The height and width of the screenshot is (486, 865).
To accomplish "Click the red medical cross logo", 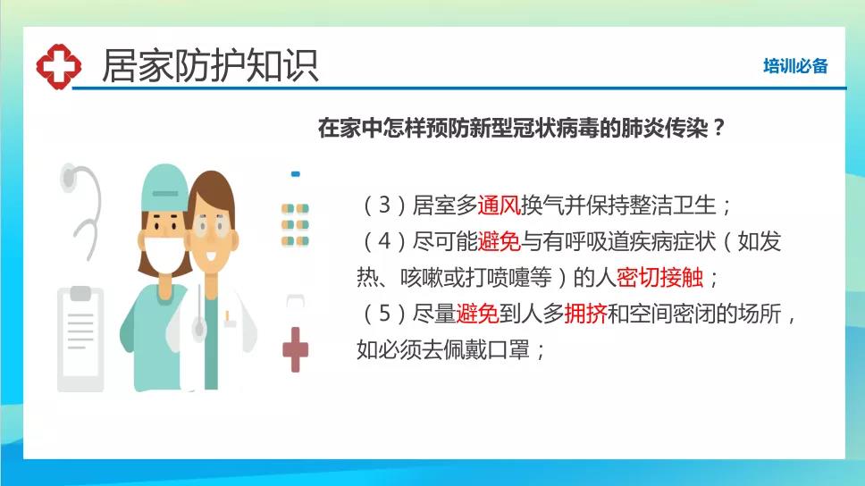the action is [x=58, y=66].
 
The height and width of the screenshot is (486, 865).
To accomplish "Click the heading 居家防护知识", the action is [x=210, y=65].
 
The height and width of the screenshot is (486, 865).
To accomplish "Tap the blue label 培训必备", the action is [x=795, y=66].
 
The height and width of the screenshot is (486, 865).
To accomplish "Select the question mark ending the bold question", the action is [x=718, y=128].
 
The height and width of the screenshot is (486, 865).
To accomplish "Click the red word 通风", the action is [x=499, y=205].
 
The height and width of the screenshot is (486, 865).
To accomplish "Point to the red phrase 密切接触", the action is [x=659, y=277].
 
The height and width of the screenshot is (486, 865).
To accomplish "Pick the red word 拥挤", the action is [x=585, y=314].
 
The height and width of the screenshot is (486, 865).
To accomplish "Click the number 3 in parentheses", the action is [x=384, y=205].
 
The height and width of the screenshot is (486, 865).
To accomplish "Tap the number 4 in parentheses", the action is [x=384, y=241].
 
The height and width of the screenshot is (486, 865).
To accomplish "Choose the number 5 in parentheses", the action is [x=384, y=314].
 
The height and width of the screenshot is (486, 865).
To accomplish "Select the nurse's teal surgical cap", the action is [x=164, y=187].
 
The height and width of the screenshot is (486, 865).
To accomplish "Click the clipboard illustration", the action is [x=80, y=339].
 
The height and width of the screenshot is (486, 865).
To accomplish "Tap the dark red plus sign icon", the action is [x=296, y=349].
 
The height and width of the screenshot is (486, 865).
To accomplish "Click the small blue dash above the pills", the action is [x=296, y=174].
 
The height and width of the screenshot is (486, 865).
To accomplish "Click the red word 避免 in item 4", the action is [x=499, y=241].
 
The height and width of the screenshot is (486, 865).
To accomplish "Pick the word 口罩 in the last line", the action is [x=508, y=349].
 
